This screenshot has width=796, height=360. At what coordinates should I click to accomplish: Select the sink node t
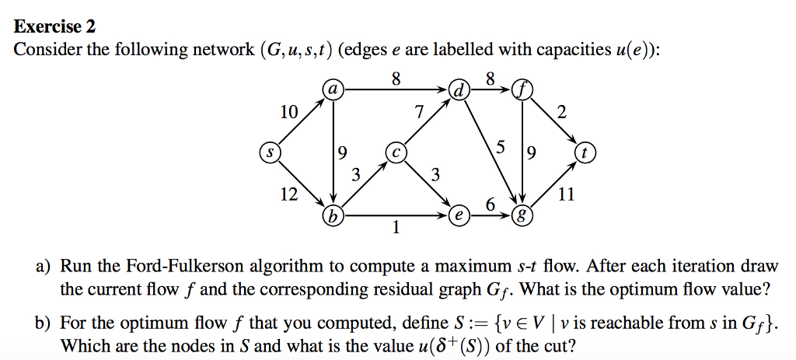click(585, 152)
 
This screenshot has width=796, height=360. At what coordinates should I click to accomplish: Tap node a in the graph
click(333, 91)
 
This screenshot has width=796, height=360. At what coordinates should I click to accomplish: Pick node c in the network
click(396, 152)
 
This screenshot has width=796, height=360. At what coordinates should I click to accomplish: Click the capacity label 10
click(288, 112)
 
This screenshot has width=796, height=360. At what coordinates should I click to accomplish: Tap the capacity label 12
click(288, 194)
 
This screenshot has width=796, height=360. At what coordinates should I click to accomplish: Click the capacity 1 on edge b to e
click(396, 229)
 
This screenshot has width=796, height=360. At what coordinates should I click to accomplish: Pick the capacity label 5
click(500, 147)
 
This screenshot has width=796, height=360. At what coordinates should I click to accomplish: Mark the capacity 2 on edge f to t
click(562, 112)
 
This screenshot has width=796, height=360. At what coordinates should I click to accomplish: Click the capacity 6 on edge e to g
click(490, 204)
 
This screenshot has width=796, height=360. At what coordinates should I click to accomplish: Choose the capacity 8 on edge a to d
click(396, 79)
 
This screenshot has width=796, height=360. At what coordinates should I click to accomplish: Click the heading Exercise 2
click(55, 26)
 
